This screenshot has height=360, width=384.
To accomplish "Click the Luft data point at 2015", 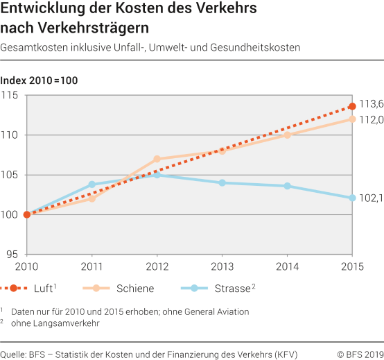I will tap(352, 106).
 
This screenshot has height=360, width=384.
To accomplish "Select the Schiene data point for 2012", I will tap(157, 159).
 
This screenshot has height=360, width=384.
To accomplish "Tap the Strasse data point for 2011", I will tap(91, 185).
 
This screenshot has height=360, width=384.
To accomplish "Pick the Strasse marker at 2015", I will tap(352, 198).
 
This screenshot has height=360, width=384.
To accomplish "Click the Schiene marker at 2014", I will tap(287, 135).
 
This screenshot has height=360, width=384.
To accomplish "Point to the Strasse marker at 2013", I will tap(222, 183).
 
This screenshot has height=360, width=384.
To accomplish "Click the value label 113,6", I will tap(371, 104).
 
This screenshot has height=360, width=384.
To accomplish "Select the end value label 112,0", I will tap(371, 119).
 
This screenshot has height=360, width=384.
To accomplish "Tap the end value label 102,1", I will tap(371, 198).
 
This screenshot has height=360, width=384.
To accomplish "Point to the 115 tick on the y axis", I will tap(12, 95).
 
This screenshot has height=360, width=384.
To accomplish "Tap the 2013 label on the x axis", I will tap(222, 267).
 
